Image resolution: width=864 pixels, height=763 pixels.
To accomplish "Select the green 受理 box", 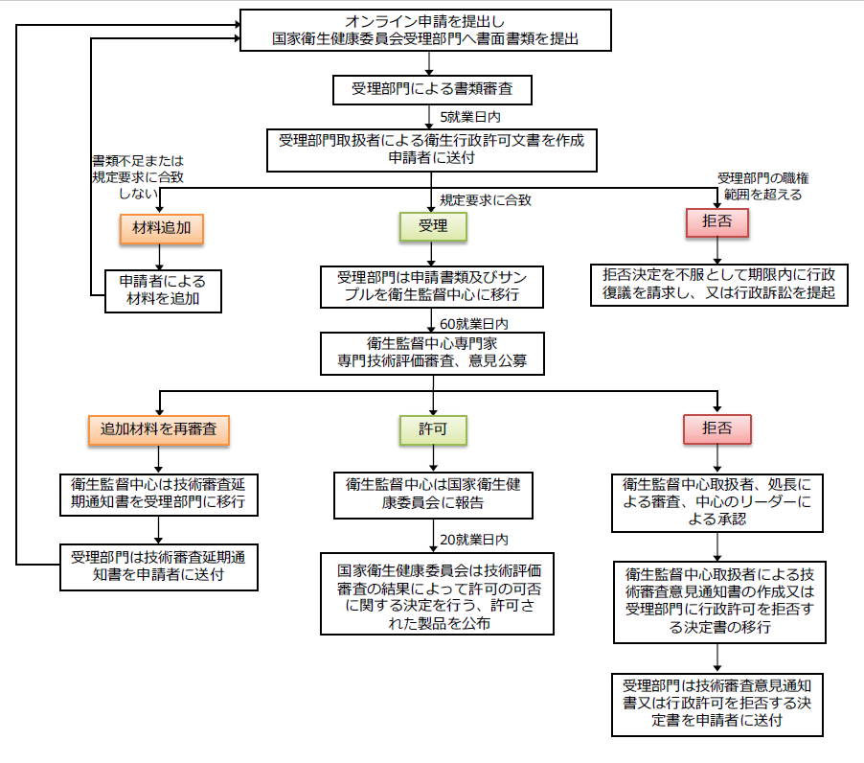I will [433, 226].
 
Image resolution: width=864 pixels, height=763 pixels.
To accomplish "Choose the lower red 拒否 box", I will [717, 428].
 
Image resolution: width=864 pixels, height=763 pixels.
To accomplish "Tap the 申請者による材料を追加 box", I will [162, 290].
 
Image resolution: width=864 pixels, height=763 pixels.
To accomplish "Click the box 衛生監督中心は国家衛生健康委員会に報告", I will [432, 493].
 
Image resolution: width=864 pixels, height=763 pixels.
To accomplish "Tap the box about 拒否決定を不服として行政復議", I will [718, 284].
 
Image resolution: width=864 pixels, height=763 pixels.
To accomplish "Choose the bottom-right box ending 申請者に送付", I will [717, 704].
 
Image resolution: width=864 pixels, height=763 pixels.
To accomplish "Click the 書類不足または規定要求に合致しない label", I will [137, 177].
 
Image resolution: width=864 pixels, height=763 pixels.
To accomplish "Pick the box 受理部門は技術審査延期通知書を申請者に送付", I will [161, 566].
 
